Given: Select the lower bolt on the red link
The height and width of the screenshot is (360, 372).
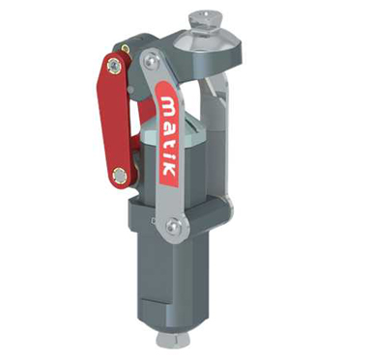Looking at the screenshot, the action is tap(120, 176).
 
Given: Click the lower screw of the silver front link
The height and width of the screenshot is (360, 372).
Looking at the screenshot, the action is tap(173, 227).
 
